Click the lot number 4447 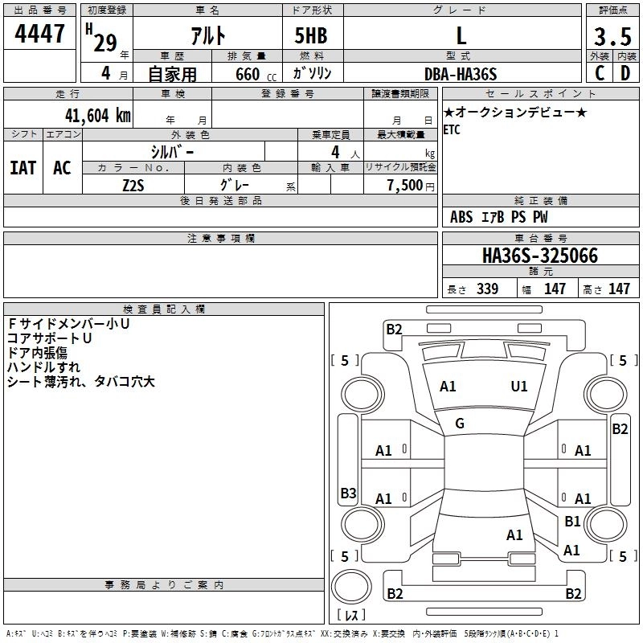pyautogui.click(x=40, y=35)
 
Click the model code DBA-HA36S pyautogui.click(x=461, y=74)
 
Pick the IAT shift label pyautogui.click(x=23, y=168)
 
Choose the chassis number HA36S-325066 pyautogui.click(x=539, y=256)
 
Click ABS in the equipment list pyautogui.click(x=461, y=217)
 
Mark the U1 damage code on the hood pyautogui.click(x=519, y=387)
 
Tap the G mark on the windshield pyautogui.click(x=460, y=424)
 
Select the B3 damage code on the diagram pyautogui.click(x=348, y=493)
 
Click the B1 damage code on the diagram pyautogui.click(x=572, y=522)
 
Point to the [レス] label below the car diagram pyautogui.click(x=350, y=616)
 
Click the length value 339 pyautogui.click(x=486, y=289)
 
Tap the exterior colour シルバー pyautogui.click(x=173, y=151)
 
